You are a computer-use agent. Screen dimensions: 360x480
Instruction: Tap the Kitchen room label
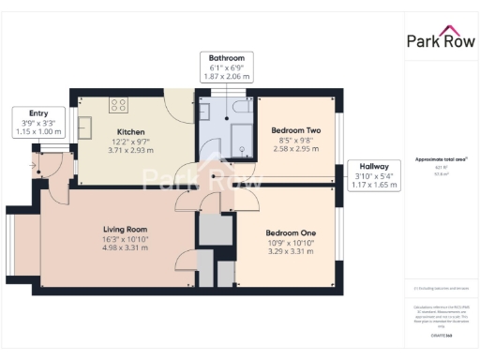coord(129,132)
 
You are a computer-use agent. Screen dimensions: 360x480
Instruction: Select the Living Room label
coord(125,229)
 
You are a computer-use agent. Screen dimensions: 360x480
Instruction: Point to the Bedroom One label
coord(291,232)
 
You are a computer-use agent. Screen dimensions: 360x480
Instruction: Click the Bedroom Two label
coord(296,130)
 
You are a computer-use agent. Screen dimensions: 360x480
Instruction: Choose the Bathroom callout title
coord(227,57)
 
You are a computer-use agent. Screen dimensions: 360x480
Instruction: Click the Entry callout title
coord(37,113)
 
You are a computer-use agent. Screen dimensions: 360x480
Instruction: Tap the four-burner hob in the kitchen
coord(119,105)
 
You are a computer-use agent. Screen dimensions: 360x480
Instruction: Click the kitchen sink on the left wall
coord(83,126)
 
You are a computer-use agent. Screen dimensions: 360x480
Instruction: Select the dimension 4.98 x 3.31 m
coord(125,247)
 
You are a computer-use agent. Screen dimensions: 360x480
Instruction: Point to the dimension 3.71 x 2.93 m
coord(129,150)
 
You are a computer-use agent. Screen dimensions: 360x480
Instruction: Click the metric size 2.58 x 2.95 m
coord(296,148)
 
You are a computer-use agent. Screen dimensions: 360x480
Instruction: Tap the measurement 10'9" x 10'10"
coord(291,242)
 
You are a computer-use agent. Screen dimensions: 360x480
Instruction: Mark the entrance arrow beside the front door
coord(34,167)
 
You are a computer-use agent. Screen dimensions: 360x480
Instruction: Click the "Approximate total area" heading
coord(440,160)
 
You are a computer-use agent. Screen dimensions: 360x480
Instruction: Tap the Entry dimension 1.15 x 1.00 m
coord(37,131)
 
